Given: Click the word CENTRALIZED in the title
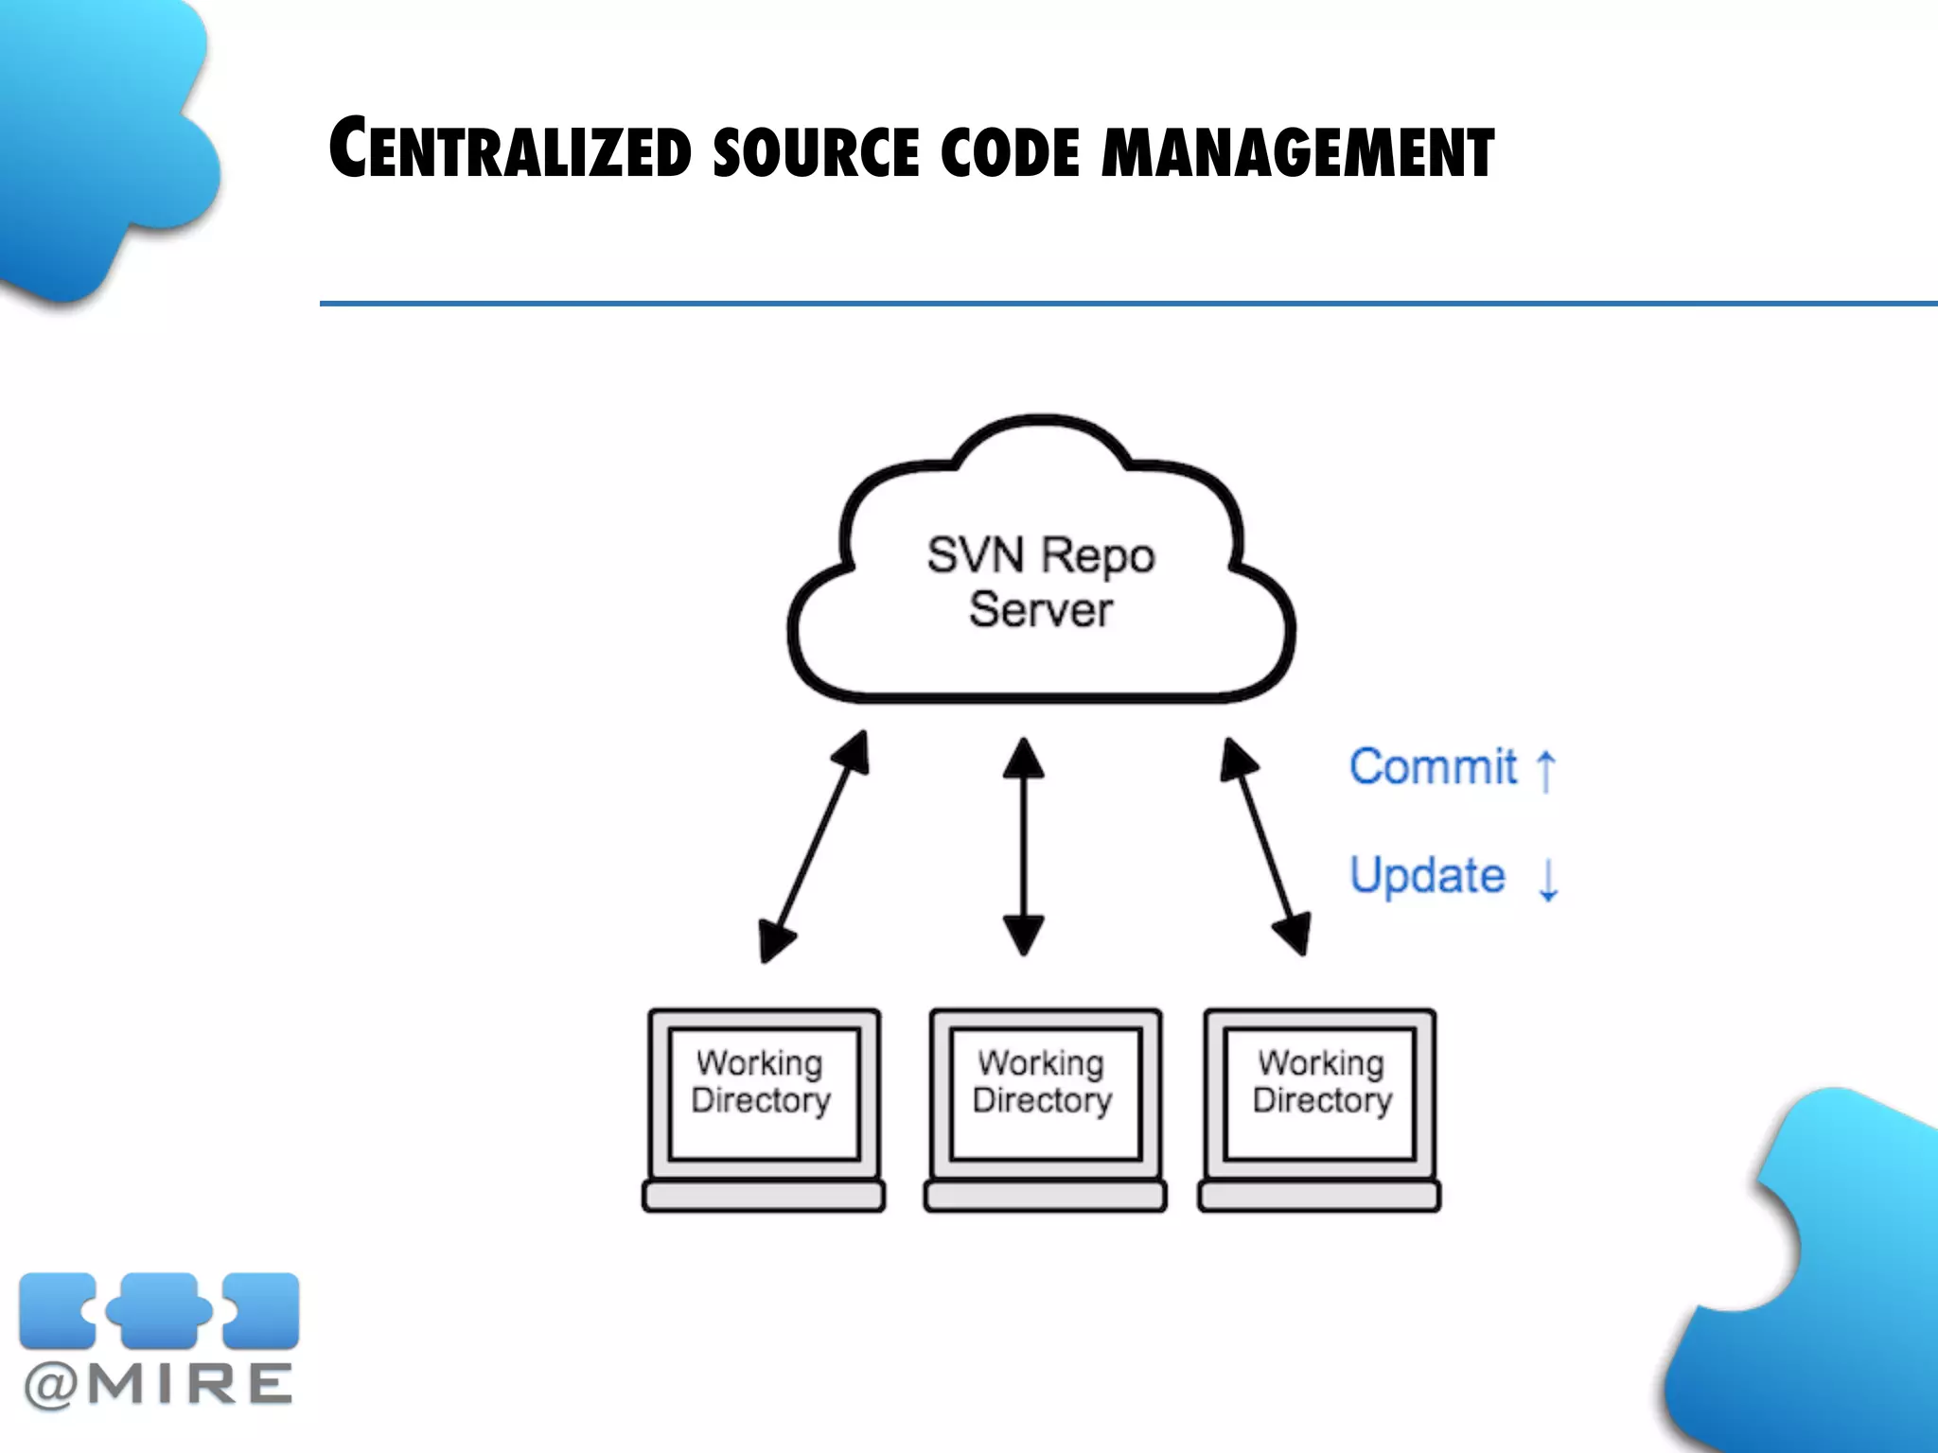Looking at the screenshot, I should (510, 149).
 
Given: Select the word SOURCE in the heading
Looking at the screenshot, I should (815, 151).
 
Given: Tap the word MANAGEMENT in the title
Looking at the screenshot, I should (1297, 151).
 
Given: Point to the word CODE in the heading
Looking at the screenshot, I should (1010, 151).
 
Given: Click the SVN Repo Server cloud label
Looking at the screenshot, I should (1040, 581).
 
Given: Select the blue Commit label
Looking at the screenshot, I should (1433, 766).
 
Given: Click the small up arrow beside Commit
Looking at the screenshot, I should (1545, 770).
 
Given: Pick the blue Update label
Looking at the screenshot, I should (1427, 875).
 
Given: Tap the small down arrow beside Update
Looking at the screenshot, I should (1548, 880).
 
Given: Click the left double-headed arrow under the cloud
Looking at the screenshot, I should (814, 847).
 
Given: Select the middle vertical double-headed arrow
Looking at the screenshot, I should (1023, 847).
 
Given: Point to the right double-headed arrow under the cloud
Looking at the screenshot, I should (1265, 847).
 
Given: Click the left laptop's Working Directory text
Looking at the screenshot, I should (761, 1081).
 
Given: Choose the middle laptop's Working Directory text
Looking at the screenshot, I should (1042, 1081).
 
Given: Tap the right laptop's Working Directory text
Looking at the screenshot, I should (1322, 1081).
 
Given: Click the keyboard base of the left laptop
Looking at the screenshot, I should (763, 1196).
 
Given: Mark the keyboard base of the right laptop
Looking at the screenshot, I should (1319, 1196).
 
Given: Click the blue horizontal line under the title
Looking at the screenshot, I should (1126, 304).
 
